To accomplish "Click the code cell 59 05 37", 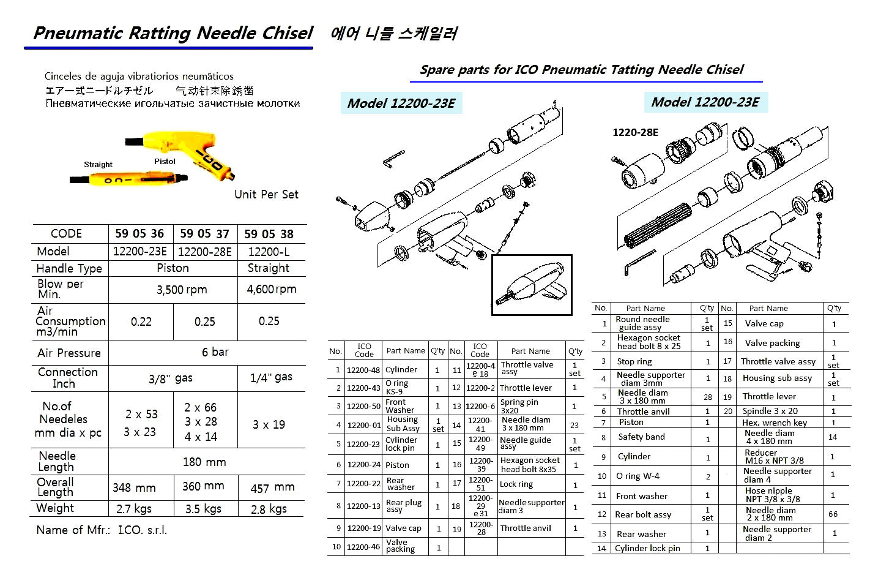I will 204,233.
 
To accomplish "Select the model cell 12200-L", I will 269,251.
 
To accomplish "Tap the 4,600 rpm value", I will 271,289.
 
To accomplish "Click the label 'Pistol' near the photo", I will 165,162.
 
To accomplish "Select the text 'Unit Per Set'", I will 266,194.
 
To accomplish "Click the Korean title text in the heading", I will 393,32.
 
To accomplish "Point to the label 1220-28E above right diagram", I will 635,132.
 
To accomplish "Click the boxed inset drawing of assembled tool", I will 532,285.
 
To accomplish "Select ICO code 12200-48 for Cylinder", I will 363,370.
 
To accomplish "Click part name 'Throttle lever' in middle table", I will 526,388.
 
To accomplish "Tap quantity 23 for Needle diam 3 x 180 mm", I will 574,424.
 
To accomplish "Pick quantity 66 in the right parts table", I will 833,514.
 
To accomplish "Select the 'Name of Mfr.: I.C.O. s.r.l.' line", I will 102,530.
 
